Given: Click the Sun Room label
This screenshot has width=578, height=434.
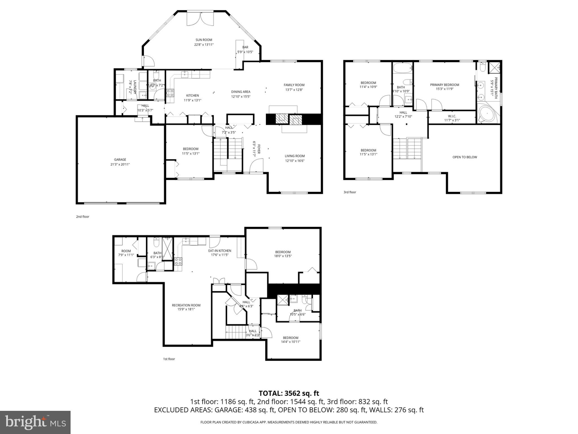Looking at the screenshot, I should (x=203, y=40).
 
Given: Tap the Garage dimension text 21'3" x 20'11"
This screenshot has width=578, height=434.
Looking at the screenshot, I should (x=120, y=164).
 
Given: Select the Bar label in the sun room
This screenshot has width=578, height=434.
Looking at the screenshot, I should (x=245, y=47).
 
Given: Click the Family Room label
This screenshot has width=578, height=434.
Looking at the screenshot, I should (x=294, y=85).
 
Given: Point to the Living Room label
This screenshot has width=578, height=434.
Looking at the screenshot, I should (x=295, y=156).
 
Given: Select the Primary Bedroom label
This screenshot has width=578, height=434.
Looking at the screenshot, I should (x=444, y=85).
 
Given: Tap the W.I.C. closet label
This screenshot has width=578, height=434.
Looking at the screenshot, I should (x=452, y=116).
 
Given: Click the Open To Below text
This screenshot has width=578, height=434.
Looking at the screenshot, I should (x=465, y=157).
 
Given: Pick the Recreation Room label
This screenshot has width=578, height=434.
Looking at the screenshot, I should (x=186, y=305).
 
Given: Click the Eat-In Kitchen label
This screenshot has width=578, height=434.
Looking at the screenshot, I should (x=220, y=251).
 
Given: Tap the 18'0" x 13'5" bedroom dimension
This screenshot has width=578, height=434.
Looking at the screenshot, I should (x=283, y=256).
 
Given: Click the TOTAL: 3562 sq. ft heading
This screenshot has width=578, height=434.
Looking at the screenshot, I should (x=289, y=393).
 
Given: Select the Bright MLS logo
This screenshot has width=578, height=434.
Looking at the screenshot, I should (x=35, y=422).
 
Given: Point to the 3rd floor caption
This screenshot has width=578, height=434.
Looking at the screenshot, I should (x=350, y=192).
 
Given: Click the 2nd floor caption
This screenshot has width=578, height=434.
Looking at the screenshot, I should (x=82, y=217).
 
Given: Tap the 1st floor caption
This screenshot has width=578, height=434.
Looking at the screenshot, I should (x=169, y=359).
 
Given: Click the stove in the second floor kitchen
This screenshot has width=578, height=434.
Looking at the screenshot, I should (x=170, y=93).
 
